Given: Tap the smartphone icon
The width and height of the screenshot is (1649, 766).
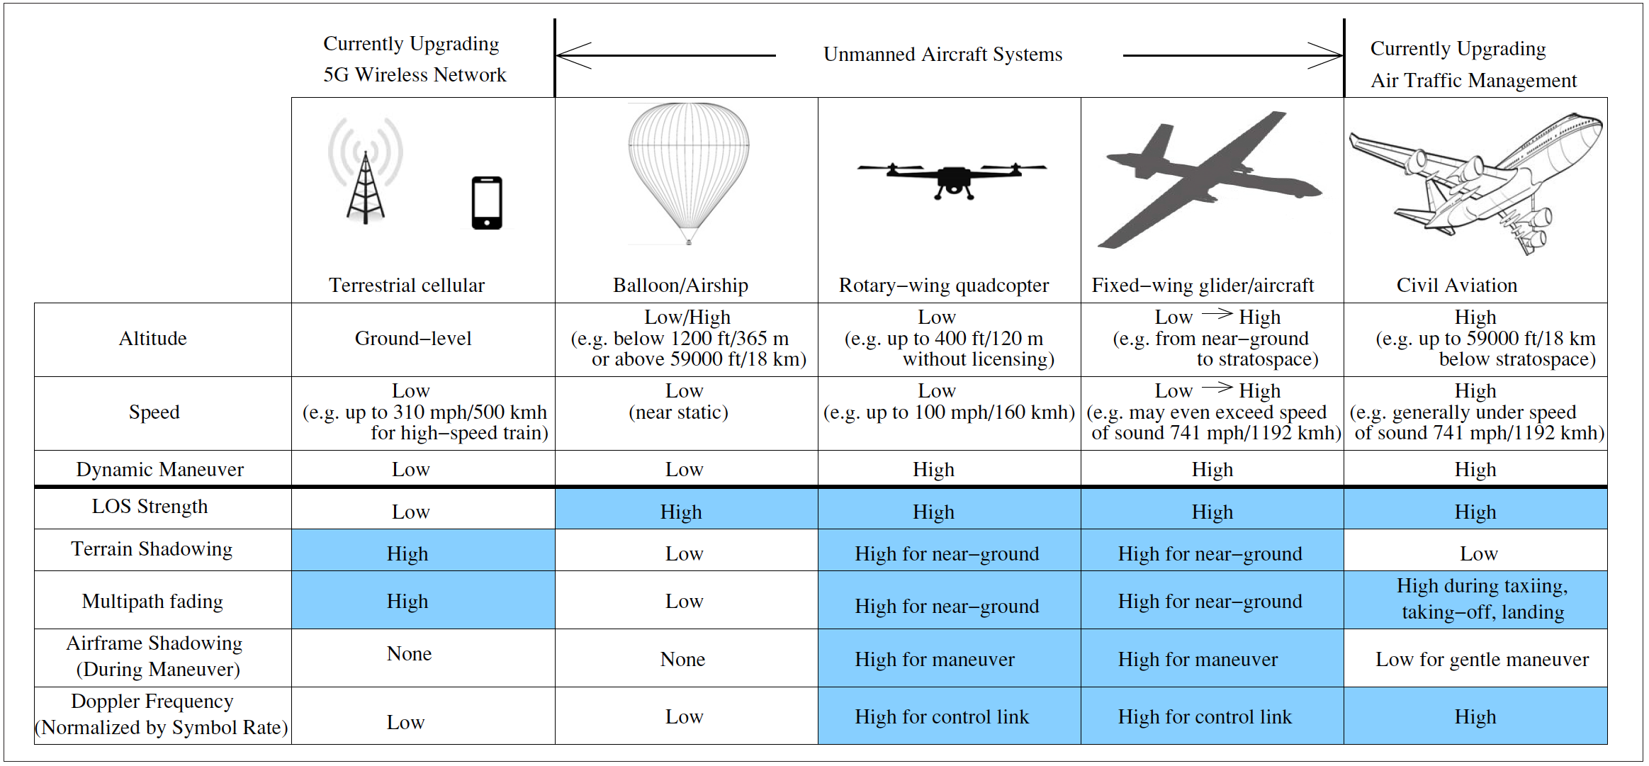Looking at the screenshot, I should pyautogui.click(x=487, y=203).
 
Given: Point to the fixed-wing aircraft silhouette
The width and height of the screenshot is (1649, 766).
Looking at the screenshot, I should pyautogui.click(x=1208, y=180).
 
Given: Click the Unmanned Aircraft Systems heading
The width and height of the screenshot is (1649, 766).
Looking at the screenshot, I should pyautogui.click(x=942, y=55).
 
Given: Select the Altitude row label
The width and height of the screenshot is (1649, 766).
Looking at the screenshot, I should pyautogui.click(x=152, y=339).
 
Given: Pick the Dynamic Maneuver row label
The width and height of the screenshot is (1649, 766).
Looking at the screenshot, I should pyautogui.click(x=159, y=470).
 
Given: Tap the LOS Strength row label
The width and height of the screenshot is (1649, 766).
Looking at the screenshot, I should pyautogui.click(x=150, y=507).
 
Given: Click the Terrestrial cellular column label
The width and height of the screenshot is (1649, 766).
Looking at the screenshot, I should pyautogui.click(x=407, y=286).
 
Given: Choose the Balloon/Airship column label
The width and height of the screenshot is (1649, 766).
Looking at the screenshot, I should pyautogui.click(x=680, y=286).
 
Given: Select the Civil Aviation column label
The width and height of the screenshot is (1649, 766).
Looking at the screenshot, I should pyautogui.click(x=1456, y=286).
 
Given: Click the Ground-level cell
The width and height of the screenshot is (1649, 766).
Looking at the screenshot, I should pyautogui.click(x=413, y=339).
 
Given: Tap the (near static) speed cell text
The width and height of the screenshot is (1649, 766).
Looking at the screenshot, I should pyautogui.click(x=678, y=412).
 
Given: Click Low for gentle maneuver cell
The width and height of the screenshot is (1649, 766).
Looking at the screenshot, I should pyautogui.click(x=1482, y=660).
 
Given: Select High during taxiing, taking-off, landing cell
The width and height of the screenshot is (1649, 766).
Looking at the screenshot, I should pyautogui.click(x=1482, y=599).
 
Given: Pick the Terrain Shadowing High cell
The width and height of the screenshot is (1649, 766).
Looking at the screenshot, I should pyautogui.click(x=407, y=554).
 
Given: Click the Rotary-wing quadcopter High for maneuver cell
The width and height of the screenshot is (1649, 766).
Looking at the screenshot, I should pyautogui.click(x=934, y=660).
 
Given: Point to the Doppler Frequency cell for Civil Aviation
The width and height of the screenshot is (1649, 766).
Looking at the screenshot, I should pyautogui.click(x=1475, y=717).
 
